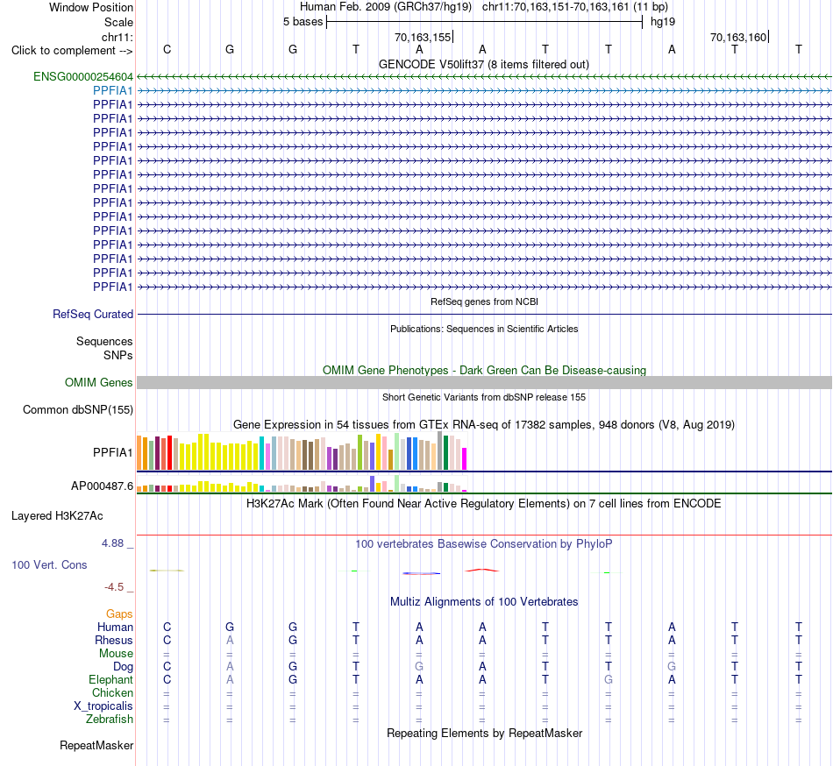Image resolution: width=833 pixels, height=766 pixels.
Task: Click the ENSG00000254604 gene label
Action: click(83, 77)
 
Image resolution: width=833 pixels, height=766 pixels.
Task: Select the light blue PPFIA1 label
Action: click(112, 91)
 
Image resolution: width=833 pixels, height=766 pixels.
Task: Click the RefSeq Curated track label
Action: click(93, 315)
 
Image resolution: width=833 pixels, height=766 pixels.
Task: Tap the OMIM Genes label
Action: click(99, 383)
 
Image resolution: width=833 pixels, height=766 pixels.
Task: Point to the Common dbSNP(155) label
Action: click(78, 410)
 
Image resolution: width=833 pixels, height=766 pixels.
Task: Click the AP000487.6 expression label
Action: click(102, 486)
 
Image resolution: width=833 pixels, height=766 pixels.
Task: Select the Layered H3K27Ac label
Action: click(57, 516)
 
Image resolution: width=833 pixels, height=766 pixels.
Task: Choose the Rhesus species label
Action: click(114, 640)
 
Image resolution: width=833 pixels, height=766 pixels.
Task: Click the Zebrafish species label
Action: click(110, 720)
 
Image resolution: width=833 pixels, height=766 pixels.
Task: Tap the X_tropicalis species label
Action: click(103, 706)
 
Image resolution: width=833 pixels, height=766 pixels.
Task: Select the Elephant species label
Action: click(111, 680)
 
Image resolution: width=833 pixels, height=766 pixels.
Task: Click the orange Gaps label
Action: click(119, 614)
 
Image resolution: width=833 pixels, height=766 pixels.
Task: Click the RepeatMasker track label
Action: click(96, 746)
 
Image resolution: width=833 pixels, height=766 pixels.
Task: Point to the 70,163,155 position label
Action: click(423, 37)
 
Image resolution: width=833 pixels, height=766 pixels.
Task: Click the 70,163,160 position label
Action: click(738, 37)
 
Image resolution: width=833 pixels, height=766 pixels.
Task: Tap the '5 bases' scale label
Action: click(303, 22)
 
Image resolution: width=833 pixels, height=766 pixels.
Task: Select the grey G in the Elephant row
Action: click(609, 680)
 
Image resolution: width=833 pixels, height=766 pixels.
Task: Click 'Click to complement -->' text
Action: click(72, 51)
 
